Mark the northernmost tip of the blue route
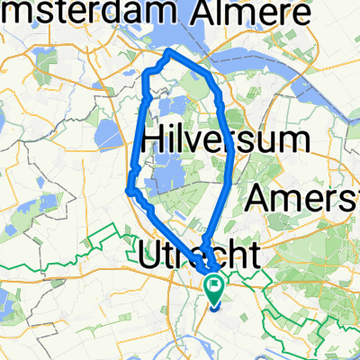tap(168, 52)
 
